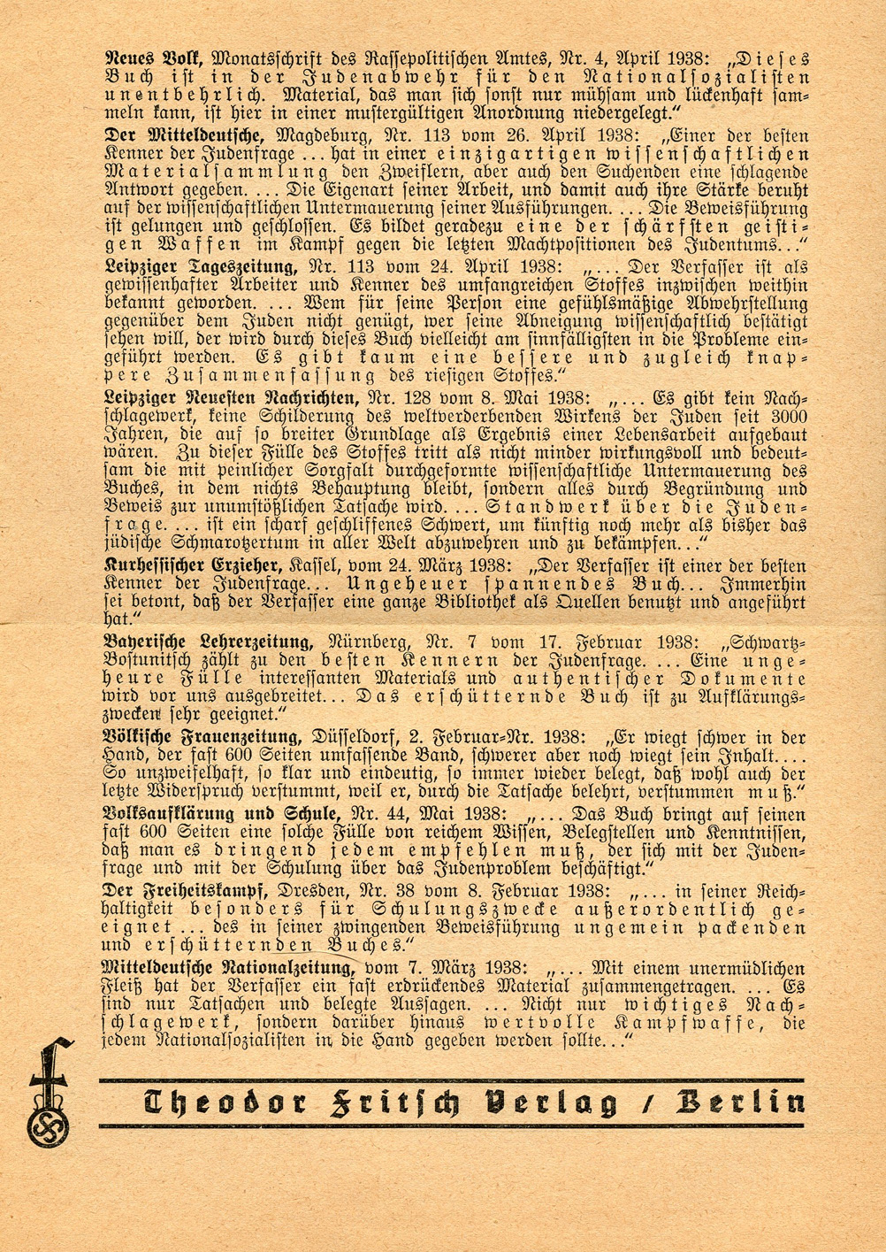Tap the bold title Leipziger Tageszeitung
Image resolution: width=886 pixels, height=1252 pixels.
[202, 266]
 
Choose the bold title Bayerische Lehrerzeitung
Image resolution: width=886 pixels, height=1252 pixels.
[206, 642]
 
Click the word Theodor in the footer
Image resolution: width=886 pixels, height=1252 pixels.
[225, 1104]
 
